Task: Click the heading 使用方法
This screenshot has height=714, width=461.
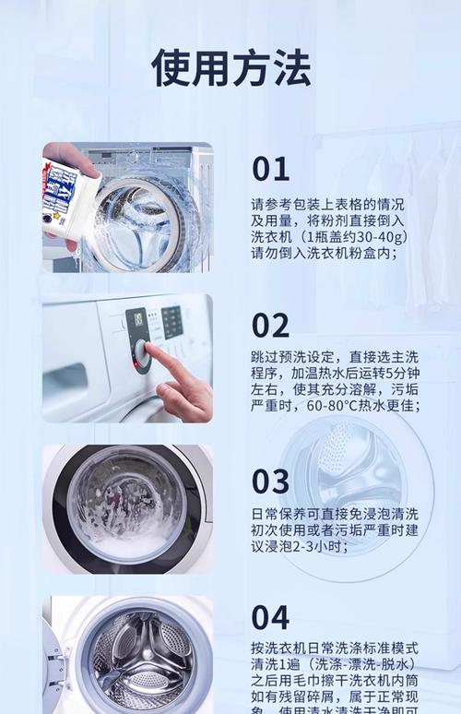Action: [x=230, y=67]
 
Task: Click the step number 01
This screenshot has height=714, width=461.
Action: [x=270, y=169]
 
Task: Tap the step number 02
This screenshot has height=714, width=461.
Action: [x=270, y=325]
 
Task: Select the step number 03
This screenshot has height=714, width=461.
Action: [x=270, y=481]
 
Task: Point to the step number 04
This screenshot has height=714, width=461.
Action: [x=270, y=617]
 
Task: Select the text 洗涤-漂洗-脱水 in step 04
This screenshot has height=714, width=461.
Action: [x=361, y=664]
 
